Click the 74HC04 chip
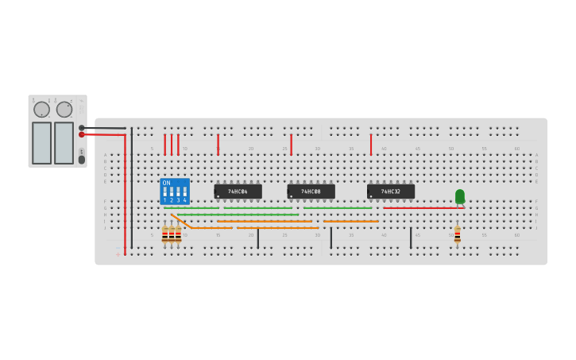[x=238, y=192]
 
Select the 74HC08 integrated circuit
[x=311, y=192]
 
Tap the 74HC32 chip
[x=390, y=192]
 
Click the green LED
[x=460, y=195]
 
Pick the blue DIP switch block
[x=175, y=192]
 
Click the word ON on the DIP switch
[x=166, y=184]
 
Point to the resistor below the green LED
[x=457, y=234]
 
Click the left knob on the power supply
[x=41, y=110]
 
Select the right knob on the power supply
[x=64, y=110]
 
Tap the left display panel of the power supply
[x=41, y=143]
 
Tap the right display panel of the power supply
[x=64, y=143]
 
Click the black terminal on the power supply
[x=81, y=127]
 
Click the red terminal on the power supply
[x=81, y=134]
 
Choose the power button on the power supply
[x=81, y=159]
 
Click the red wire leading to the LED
[x=421, y=208]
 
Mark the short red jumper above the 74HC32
[x=370, y=144]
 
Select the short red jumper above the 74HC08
[x=291, y=144]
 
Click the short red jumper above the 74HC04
[x=218, y=144]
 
